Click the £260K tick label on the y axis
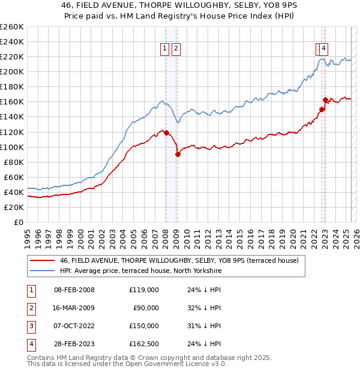(11, 27)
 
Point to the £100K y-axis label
(11, 147)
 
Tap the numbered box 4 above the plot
(323, 49)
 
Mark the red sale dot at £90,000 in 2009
(178, 154)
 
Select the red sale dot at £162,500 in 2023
(325, 100)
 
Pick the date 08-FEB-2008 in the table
(74, 290)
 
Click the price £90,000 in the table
(145, 308)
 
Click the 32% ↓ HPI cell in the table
(203, 308)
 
